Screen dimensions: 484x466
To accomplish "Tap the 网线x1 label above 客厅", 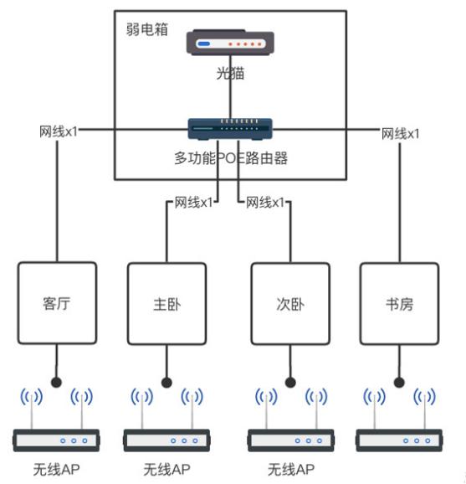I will pyautogui.click(x=59, y=133).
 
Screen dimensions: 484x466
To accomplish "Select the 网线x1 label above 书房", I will pyautogui.click(x=401, y=133).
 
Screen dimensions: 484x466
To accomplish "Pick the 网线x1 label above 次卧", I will pyautogui.click(x=265, y=203).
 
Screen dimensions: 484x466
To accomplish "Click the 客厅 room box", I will pyautogui.click(x=58, y=303).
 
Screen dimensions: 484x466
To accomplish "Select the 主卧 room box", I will pyautogui.click(x=166, y=303).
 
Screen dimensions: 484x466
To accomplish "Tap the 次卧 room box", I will pyautogui.click(x=289, y=303).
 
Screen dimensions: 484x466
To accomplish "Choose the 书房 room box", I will pyautogui.click(x=397, y=303).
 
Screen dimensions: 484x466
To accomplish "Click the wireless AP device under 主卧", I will pyautogui.click(x=166, y=440).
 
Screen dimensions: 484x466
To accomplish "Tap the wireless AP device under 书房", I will pyautogui.click(x=397, y=440).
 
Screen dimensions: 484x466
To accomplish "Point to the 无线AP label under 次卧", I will pyautogui.click(x=289, y=469).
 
